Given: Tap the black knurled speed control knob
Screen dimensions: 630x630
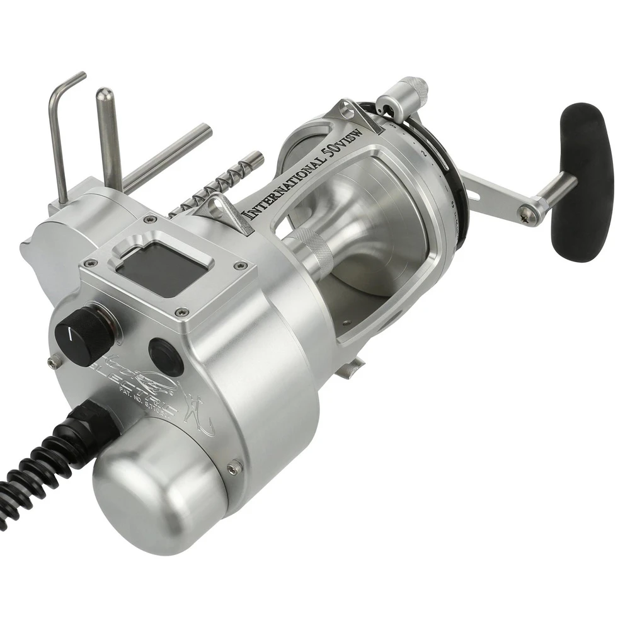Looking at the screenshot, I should coord(84,335).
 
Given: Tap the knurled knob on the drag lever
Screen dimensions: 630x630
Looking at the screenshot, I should coord(413,86).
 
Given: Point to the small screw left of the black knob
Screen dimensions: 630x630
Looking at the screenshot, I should coord(54,360).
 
